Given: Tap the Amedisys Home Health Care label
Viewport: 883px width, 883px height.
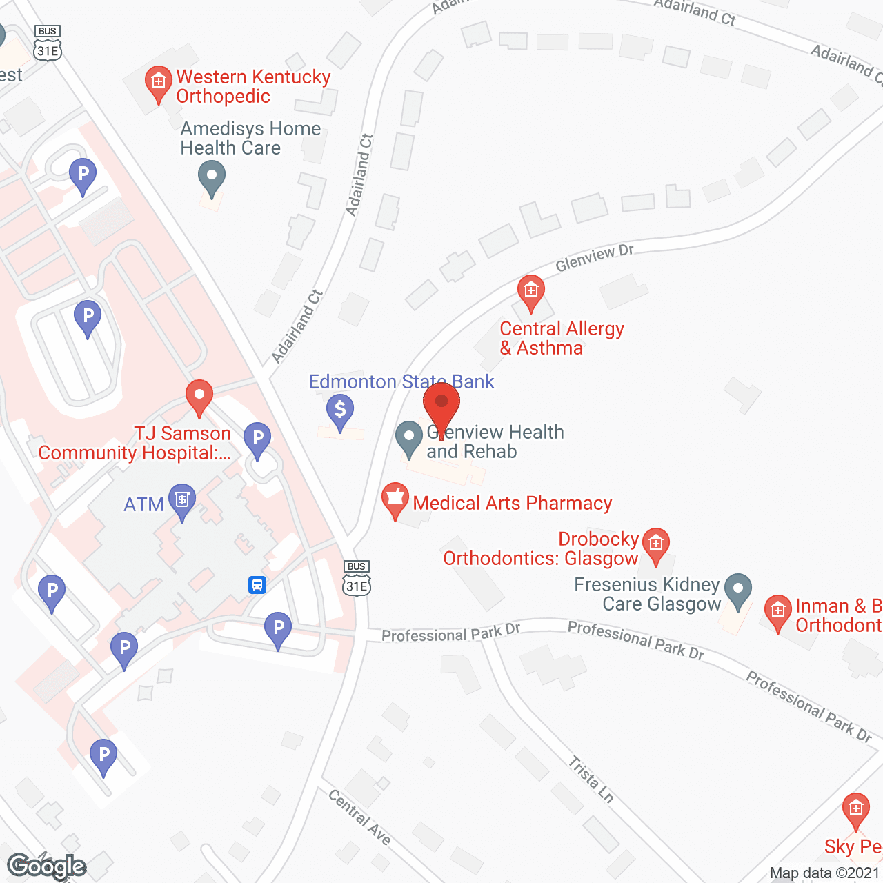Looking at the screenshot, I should (x=250, y=138).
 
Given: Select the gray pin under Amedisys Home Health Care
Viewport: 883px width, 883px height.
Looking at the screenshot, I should (x=212, y=178).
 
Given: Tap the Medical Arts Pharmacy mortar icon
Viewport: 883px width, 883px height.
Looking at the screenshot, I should (x=395, y=499).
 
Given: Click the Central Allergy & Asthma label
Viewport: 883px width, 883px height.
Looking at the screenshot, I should (x=562, y=338).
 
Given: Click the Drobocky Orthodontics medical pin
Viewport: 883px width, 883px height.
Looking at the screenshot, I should (x=655, y=545).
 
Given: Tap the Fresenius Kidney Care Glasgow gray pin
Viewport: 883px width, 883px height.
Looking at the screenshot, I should (x=738, y=591).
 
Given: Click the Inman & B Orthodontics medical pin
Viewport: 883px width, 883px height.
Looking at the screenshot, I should (x=778, y=612).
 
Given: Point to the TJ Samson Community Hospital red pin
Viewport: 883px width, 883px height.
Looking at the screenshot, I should (x=199, y=397).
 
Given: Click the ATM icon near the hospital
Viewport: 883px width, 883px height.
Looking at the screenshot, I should (x=182, y=500).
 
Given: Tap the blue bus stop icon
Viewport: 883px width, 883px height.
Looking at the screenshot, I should (x=257, y=585).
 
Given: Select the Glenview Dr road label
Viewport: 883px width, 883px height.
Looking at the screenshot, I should (x=594, y=258).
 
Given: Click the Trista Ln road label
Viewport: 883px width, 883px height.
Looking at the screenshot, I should (x=591, y=779).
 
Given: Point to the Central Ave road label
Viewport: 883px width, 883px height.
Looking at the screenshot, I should (x=359, y=817).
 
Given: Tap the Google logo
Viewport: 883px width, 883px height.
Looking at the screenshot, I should (x=46, y=866).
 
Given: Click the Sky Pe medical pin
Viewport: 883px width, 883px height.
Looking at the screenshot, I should (x=855, y=810).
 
